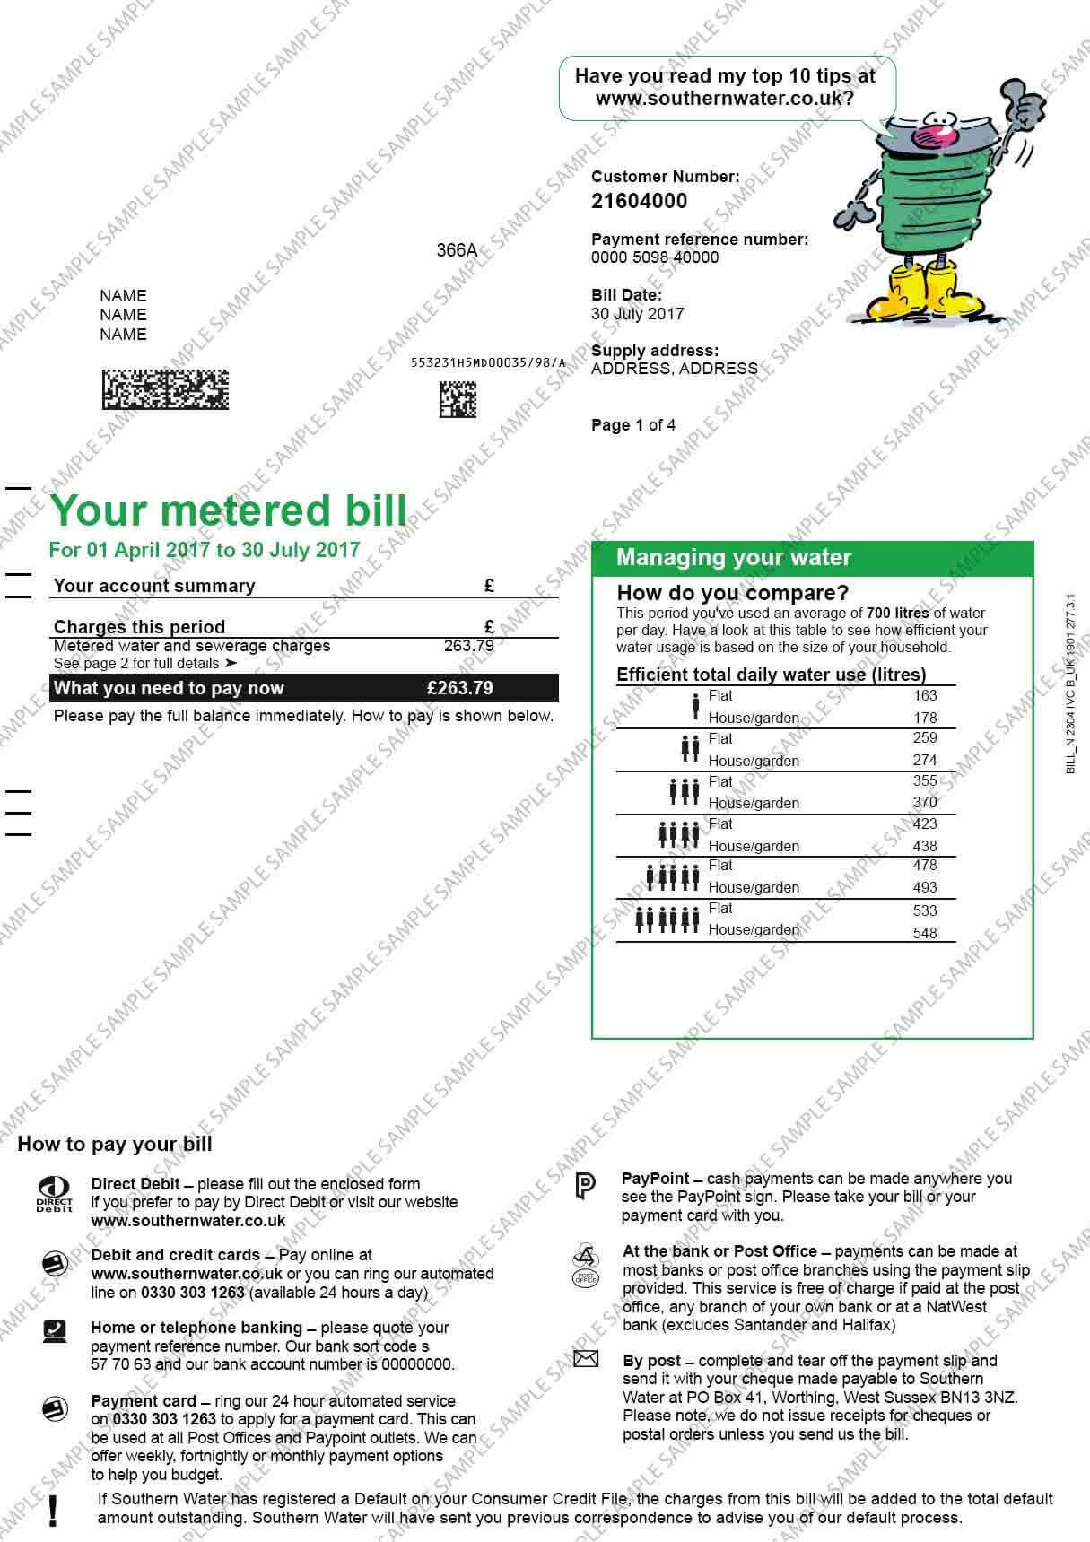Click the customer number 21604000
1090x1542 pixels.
[639, 201]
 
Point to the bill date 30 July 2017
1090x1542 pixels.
[637, 314]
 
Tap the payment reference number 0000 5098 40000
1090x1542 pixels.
[655, 257]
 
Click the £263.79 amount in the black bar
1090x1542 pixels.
[460, 688]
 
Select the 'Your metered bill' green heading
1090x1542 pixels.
[229, 510]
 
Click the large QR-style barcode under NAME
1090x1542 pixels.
[165, 389]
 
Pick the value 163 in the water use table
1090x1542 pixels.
[924, 695]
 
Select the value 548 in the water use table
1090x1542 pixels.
[924, 933]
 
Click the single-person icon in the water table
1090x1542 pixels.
[695, 706]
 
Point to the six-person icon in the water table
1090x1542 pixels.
[667, 919]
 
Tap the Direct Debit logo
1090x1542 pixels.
[54, 1194]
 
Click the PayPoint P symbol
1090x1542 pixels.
[584, 1186]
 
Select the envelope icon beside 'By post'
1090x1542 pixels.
[585, 1360]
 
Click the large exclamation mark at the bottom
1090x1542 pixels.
[55, 1511]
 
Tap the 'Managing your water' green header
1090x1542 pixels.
[734, 558]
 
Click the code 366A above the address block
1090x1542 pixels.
[457, 250]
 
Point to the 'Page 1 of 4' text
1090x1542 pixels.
[633, 425]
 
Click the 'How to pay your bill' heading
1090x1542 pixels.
[115, 1144]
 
